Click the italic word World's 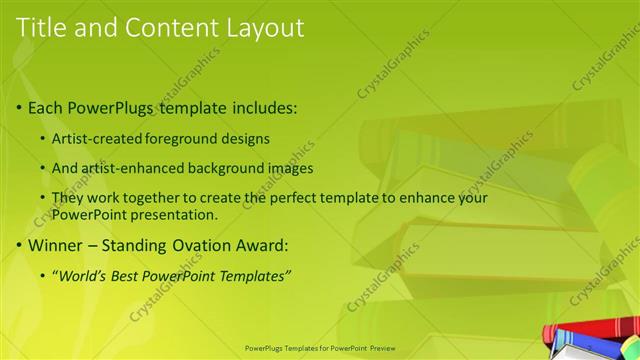coord(83,276)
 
